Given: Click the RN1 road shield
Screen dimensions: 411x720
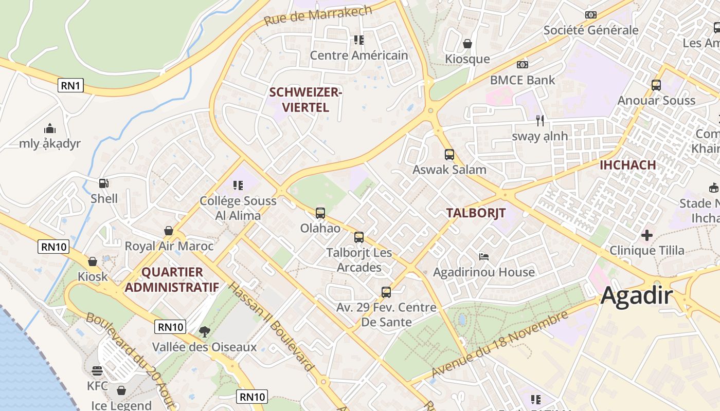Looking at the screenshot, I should [70, 85].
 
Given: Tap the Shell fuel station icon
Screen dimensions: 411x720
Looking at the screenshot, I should [104, 183].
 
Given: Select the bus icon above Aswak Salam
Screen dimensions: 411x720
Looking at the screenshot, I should [449, 154].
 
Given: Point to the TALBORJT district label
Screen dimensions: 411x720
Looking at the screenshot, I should [476, 213].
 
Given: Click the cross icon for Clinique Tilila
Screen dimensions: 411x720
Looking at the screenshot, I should [647, 235].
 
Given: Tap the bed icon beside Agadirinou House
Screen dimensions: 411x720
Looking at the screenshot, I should [483, 256].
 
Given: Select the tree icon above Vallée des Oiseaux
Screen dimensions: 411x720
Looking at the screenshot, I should [204, 331].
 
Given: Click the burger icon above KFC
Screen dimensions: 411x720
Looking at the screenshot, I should [97, 370].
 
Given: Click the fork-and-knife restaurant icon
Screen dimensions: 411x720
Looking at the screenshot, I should [539, 121].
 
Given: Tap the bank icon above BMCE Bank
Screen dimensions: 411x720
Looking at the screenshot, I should [523, 65].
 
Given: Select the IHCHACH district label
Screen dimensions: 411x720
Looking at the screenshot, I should [627, 165].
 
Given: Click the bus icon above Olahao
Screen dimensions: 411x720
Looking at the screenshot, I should [320, 213].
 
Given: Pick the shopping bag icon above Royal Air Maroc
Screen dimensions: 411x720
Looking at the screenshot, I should [169, 231].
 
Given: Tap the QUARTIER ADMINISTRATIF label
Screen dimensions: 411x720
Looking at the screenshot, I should [172, 279].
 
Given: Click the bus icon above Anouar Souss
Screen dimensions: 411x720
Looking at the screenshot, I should [656, 85].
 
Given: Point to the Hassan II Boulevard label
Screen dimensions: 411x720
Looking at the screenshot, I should [271, 326].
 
